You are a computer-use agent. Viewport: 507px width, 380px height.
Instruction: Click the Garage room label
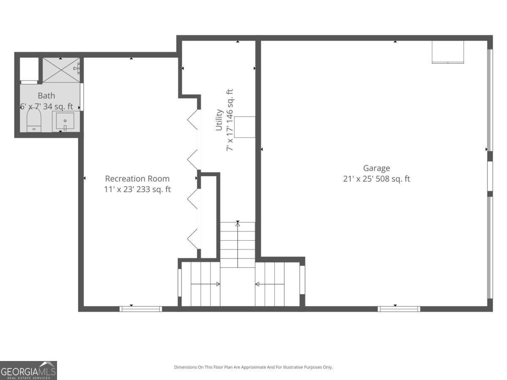[x=376, y=168]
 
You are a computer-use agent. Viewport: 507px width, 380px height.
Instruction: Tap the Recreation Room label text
[x=137, y=179]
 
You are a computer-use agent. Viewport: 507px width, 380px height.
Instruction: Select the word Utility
[x=219, y=120]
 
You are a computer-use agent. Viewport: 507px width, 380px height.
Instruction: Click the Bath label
[x=46, y=96]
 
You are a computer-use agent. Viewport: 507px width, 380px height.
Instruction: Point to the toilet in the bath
[x=33, y=121]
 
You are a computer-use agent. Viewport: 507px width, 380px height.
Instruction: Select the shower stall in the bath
[x=60, y=70]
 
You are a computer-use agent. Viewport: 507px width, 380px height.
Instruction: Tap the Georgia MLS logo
[x=28, y=370]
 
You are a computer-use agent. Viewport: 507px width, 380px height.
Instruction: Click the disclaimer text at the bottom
[x=253, y=367]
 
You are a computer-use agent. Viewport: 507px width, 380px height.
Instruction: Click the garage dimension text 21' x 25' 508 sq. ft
[x=376, y=179]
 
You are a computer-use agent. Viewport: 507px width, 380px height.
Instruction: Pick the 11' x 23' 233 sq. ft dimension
[x=137, y=190]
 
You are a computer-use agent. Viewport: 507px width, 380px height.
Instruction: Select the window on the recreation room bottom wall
[x=141, y=309]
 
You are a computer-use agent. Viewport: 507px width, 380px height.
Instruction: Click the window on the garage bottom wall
[x=399, y=309]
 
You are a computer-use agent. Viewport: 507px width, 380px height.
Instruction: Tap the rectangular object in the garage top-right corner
[x=447, y=52]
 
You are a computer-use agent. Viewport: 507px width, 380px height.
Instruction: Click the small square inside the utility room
[x=245, y=127]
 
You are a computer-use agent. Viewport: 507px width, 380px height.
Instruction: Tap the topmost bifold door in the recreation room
[x=193, y=120]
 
